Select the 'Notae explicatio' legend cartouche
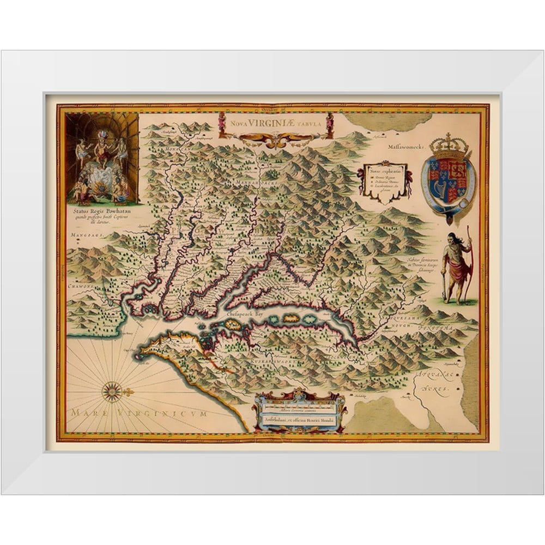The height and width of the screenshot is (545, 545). pos(384,183)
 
